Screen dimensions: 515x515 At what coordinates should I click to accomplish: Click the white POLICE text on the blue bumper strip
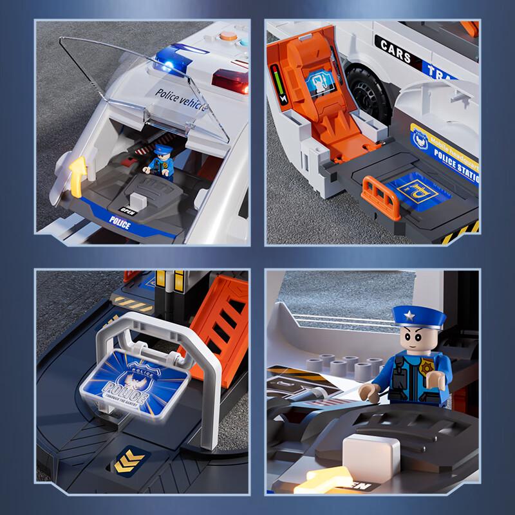(120, 224)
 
